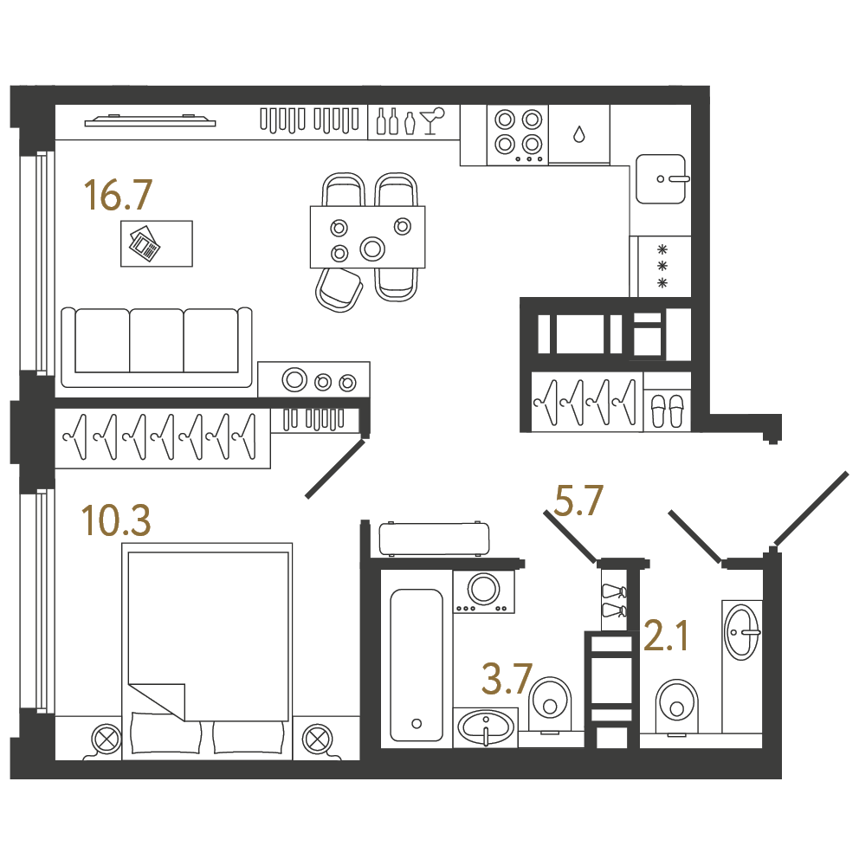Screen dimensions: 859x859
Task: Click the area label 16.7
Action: tap(118, 196)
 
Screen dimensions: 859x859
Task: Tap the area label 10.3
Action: tap(115, 520)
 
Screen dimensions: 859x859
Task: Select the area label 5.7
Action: tap(578, 501)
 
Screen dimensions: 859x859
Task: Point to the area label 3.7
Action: tap(507, 679)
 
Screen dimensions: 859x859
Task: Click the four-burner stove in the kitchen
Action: tap(518, 135)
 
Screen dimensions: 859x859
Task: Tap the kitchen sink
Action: tap(661, 179)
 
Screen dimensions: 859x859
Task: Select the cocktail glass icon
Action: tap(432, 120)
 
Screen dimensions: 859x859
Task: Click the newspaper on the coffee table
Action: tap(145, 242)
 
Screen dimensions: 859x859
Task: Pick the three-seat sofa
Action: tap(157, 347)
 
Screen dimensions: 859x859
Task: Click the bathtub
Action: tap(417, 665)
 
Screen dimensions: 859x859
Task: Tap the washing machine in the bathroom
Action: tap(484, 591)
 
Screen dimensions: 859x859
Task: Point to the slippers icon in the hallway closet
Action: tap(667, 410)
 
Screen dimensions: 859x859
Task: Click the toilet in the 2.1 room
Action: tap(677, 706)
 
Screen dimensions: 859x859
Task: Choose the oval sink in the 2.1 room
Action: tap(742, 631)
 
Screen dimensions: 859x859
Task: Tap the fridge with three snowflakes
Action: tap(661, 267)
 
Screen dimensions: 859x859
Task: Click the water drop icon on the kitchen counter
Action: tap(579, 133)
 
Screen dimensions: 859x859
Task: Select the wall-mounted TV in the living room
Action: tap(150, 120)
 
